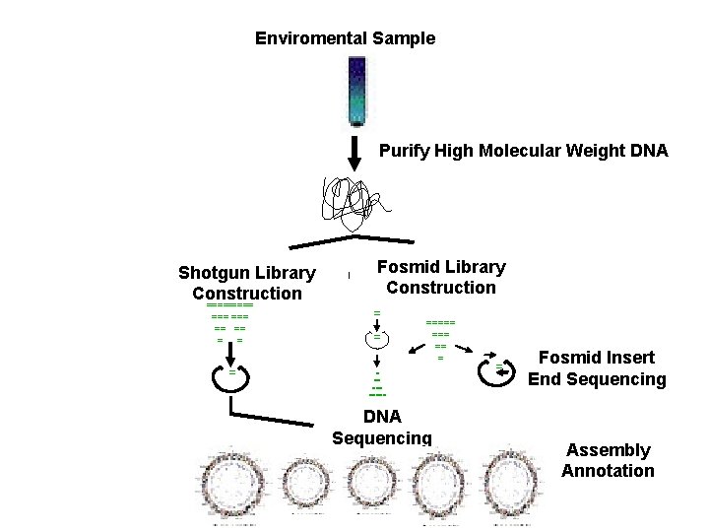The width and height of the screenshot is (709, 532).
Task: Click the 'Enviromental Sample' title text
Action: coord(345,38)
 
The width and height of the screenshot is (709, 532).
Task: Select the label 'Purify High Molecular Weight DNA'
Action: coord(524,151)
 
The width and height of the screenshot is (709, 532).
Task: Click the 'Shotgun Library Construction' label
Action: coord(247,283)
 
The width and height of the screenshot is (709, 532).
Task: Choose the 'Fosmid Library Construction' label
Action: coord(441,277)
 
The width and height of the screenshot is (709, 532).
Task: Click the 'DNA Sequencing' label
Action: coord(382,428)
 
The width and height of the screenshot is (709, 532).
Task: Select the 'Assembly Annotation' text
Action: coord(608,460)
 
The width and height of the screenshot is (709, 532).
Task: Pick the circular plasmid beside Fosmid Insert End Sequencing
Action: coord(494,370)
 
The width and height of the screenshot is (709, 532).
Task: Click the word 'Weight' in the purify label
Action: coord(586,151)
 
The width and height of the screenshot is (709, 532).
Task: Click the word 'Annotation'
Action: coord(608,470)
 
